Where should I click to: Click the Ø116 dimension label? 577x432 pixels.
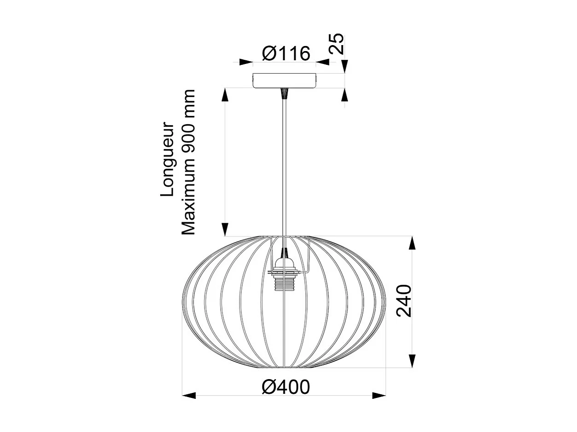[286, 54]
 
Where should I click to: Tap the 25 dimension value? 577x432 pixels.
[338, 44]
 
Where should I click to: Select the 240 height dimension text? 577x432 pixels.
[404, 301]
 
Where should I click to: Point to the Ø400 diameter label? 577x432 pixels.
[286, 387]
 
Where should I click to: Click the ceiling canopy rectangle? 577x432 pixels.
[285, 81]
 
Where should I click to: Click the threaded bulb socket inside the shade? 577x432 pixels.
[285, 281]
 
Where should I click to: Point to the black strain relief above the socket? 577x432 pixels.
[285, 253]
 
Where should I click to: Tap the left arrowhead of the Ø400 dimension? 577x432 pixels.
[189, 395]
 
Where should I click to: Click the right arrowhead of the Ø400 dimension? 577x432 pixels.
[379, 395]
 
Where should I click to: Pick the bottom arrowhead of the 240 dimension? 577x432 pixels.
[412, 361]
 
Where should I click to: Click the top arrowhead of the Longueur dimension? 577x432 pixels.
[225, 95]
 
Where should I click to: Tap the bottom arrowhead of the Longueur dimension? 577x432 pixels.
[225, 229]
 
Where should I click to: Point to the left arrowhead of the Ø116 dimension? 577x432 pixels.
[246, 62]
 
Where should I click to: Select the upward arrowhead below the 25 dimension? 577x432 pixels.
[345, 95]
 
